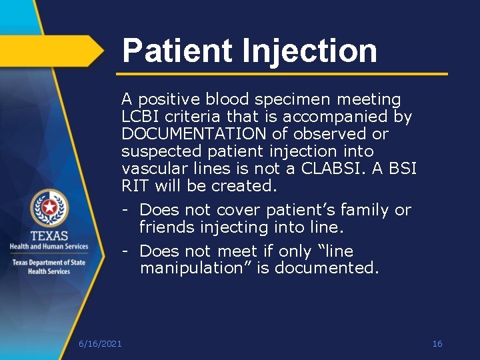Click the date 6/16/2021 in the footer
click(x=100, y=343)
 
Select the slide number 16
click(x=437, y=343)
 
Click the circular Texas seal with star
click(x=49, y=207)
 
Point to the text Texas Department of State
click(x=49, y=262)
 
